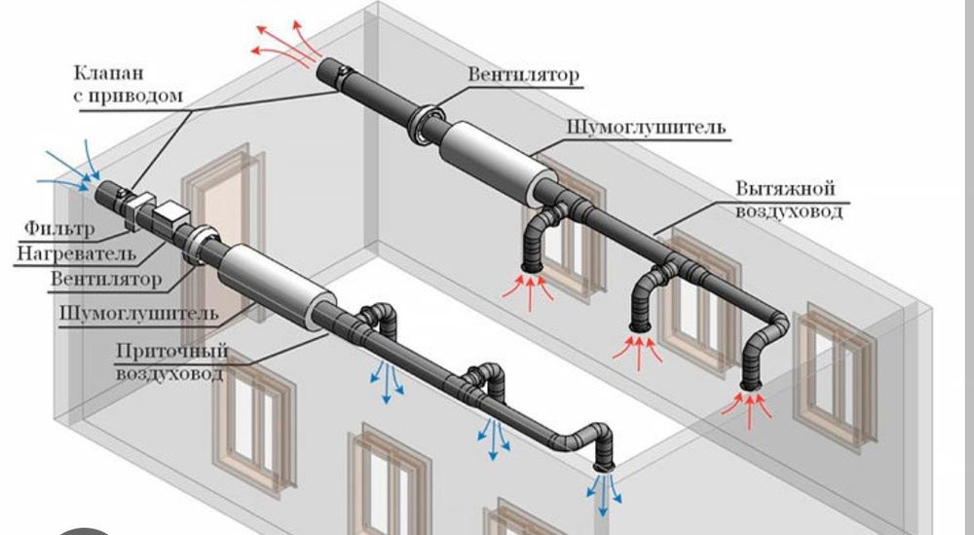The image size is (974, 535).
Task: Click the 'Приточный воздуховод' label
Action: (171, 362)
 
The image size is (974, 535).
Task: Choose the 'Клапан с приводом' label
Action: (128, 83)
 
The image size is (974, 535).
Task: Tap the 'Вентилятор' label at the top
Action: (522, 75)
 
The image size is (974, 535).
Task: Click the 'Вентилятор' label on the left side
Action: (106, 280)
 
